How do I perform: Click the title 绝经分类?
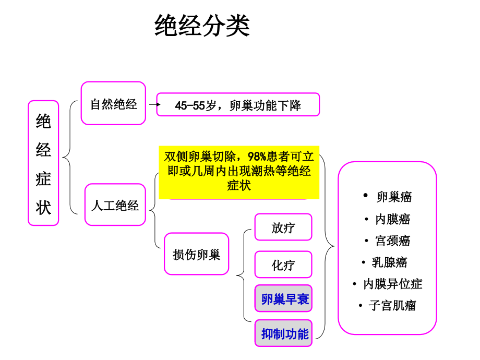pos(202,26)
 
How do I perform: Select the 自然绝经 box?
pos(113,103)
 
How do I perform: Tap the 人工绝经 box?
pos(115,205)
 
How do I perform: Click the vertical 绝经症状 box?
pos(43,163)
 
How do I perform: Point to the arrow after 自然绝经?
pos(155,104)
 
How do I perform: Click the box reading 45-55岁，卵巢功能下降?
pos(238,105)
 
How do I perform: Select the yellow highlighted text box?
pos(239,172)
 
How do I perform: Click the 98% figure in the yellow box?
pos(257,157)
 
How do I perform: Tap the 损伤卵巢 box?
pos(196,254)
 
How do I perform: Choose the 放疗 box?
pos(283,227)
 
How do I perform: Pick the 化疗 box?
pos(283,265)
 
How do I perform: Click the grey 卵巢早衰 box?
pos(283,298)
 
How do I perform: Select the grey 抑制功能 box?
pos(283,333)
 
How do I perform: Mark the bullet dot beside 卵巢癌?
pos(365,195)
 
